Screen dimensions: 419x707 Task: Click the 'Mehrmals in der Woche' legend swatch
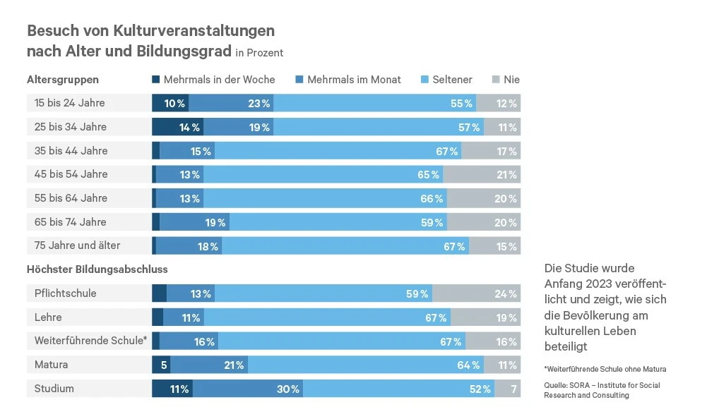[156, 80]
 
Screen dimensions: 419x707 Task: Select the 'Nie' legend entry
[511, 80]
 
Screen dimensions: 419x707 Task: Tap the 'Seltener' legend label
[452, 80]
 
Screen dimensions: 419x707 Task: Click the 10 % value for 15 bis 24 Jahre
[174, 104]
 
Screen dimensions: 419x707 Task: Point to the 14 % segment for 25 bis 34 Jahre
[189, 128]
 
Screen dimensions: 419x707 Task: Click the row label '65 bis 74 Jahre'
[70, 222]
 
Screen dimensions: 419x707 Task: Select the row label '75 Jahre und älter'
[77, 246]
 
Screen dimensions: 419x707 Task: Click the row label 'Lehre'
[48, 317]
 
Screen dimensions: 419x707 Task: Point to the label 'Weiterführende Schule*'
[90, 341]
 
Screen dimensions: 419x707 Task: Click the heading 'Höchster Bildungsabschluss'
[97, 269]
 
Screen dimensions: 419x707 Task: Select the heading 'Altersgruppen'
[63, 80]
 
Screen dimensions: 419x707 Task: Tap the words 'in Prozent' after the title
[259, 53]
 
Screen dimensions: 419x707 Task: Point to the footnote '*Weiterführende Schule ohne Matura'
[605, 369]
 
